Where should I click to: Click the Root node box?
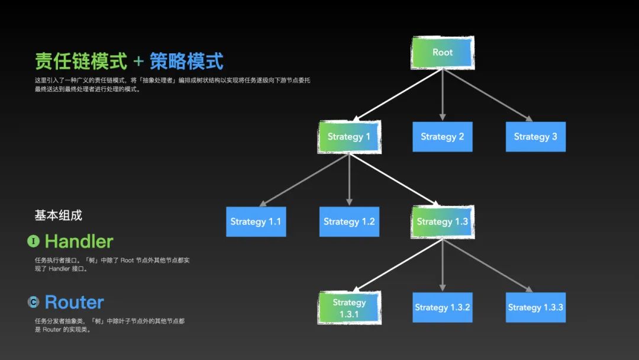pos(442,52)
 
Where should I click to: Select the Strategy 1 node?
pos(349,137)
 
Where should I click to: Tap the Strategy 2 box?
pos(442,137)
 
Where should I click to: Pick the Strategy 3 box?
pos(535,137)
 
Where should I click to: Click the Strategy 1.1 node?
pos(256,221)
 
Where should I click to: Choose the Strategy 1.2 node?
pos(349,221)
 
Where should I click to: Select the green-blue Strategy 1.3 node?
pos(442,221)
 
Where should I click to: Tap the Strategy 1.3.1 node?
pos(349,307)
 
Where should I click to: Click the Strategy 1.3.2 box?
pos(442,307)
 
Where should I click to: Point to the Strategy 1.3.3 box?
pos(535,307)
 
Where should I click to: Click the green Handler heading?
pos(79,242)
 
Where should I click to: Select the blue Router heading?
pos(74,303)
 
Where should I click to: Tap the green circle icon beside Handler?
pos(34,241)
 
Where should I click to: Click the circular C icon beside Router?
pos(34,303)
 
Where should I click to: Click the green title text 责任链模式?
pos(81,61)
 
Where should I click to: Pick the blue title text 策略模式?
pos(186,61)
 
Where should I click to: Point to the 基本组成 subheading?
pos(58,216)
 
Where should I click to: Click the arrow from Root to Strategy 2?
pos(442,95)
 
